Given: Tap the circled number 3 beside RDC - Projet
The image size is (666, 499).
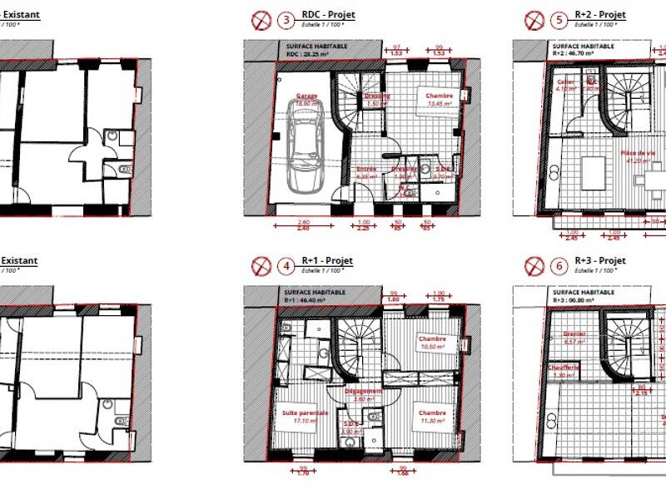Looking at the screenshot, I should pos(287,19).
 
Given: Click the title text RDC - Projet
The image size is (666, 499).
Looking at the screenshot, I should pos(329,15).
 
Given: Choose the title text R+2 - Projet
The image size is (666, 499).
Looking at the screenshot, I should pos(599,15).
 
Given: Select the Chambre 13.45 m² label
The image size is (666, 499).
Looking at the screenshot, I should pos(439,100).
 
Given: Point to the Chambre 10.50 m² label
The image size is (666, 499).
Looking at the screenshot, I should pos(432,343).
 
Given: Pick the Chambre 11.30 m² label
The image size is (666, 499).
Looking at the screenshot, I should pos(432,415).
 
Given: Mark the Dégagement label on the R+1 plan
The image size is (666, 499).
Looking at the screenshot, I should pos(363,391).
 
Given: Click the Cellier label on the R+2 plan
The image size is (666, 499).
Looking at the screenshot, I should pos(567,82).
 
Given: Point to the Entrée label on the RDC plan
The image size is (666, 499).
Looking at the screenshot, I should pos(367,170).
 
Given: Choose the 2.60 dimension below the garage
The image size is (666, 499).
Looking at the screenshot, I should pos(303,222).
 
